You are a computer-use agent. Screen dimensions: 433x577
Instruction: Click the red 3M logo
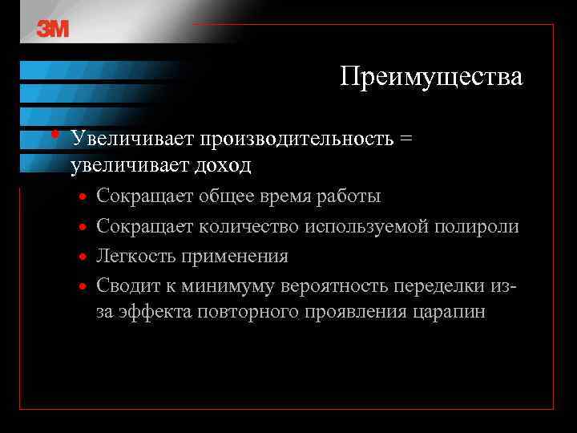click(53, 29)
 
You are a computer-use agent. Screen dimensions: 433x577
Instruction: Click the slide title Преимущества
click(430, 77)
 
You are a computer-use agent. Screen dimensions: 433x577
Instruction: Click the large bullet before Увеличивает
click(53, 134)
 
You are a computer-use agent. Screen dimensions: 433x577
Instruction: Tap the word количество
click(248, 227)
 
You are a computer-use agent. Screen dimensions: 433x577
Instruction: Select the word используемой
click(365, 227)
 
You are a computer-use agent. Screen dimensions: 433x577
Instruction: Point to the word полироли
click(477, 227)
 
